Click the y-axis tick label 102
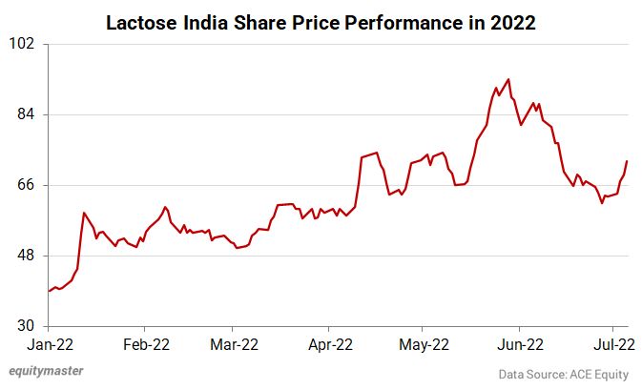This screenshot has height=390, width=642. point(22,44)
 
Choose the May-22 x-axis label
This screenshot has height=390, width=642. point(423,344)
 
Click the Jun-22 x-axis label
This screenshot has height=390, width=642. point(520,344)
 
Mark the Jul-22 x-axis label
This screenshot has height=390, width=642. point(611,344)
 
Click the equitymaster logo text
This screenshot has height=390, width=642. point(46,372)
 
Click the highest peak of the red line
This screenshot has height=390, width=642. point(508,79)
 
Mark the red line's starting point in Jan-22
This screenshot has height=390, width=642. point(49,291)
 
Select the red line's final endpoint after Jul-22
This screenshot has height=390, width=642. point(627,161)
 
